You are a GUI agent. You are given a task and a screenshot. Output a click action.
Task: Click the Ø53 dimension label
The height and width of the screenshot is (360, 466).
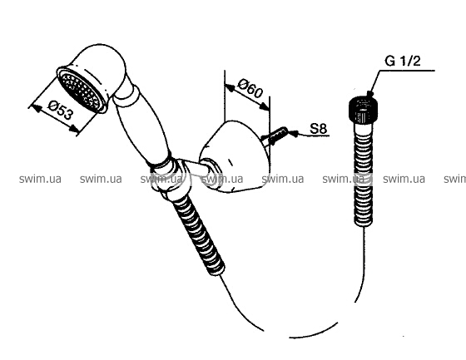click(x=60, y=111)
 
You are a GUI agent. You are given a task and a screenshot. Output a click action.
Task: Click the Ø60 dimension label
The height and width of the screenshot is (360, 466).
click(x=250, y=88)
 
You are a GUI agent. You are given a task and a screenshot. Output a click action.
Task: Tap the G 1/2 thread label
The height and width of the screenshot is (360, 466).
click(x=403, y=62)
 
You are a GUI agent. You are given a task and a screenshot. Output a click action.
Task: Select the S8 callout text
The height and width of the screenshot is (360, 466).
click(x=318, y=129)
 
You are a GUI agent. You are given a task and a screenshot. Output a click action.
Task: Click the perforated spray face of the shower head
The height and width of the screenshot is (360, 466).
click(x=82, y=90)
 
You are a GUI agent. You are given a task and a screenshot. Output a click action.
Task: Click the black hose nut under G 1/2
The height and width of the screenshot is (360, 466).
click(x=363, y=111)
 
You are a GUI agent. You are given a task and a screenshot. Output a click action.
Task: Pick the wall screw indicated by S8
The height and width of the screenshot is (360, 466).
click(x=275, y=136)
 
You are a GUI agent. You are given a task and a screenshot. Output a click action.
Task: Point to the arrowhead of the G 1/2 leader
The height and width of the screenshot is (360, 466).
click(x=370, y=94)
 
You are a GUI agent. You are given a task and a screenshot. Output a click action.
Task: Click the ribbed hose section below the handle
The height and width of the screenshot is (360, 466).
click(x=199, y=234)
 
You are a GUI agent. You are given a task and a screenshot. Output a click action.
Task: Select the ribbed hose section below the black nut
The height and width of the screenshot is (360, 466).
click(x=363, y=175)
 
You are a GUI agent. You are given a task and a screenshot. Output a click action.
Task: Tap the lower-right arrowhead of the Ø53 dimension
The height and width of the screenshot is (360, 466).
click(x=74, y=129)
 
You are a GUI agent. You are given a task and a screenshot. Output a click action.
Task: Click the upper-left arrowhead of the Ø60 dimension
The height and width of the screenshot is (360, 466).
click(x=230, y=87)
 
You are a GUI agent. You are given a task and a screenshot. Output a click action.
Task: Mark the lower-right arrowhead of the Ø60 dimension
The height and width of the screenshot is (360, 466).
click(x=264, y=106)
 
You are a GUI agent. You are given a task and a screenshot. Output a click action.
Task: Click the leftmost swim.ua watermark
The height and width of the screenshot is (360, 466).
click(x=40, y=179)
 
